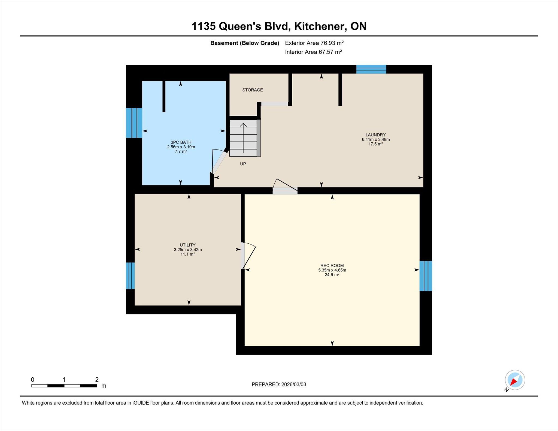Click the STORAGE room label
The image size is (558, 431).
tap(253, 90)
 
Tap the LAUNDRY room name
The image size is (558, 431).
tap(375, 135)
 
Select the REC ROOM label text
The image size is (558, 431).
tap(332, 265)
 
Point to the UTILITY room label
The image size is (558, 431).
tap(187, 245)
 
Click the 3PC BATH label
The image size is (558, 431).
tap(181, 142)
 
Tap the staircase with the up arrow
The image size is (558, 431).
tap(243, 138)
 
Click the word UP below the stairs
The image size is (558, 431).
tap(243, 164)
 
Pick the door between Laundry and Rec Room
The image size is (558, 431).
tap(285, 187)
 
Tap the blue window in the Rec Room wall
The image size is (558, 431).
tap(426, 276)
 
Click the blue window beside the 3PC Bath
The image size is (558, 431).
tap(134, 123)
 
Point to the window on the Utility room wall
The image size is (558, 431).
tap(130, 276)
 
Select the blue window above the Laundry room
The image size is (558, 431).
tap(371, 69)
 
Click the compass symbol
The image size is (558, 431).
tap(515, 380)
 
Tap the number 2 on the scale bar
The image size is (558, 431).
tap(97, 380)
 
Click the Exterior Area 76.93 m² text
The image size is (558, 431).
tap(314, 43)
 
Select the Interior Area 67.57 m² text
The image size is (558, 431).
tap(313, 52)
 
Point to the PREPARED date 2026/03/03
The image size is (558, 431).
tap(294, 384)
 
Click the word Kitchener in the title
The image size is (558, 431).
tap(320, 26)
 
